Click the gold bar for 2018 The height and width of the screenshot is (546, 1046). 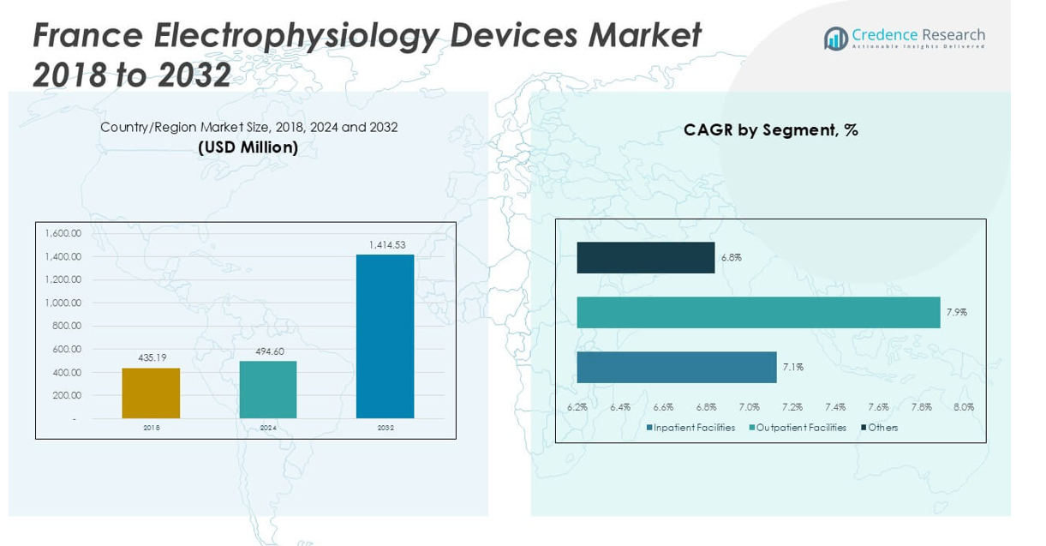coord(151,393)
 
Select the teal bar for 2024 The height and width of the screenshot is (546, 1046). coord(268,390)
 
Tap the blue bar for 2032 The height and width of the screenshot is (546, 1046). coord(385,336)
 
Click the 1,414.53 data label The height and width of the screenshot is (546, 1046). coord(387,245)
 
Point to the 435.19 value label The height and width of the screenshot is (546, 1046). coord(151,357)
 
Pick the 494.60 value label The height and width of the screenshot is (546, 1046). coord(268,351)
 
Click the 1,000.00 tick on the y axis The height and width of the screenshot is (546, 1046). coord(63,303)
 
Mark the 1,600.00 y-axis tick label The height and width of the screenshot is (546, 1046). coord(63,233)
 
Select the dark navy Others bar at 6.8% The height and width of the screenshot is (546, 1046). coord(645,257)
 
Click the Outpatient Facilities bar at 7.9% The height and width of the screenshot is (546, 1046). coord(758,312)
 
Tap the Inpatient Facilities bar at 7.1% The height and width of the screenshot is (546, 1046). coord(676,367)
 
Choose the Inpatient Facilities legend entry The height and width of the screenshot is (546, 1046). coord(690,428)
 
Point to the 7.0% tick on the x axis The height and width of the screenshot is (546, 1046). coord(750,407)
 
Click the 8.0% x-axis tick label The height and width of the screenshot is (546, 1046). coord(964,407)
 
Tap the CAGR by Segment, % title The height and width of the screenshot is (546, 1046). coord(770,130)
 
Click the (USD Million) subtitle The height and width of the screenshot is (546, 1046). coord(248,147)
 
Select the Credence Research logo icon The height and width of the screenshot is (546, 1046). coord(835,39)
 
